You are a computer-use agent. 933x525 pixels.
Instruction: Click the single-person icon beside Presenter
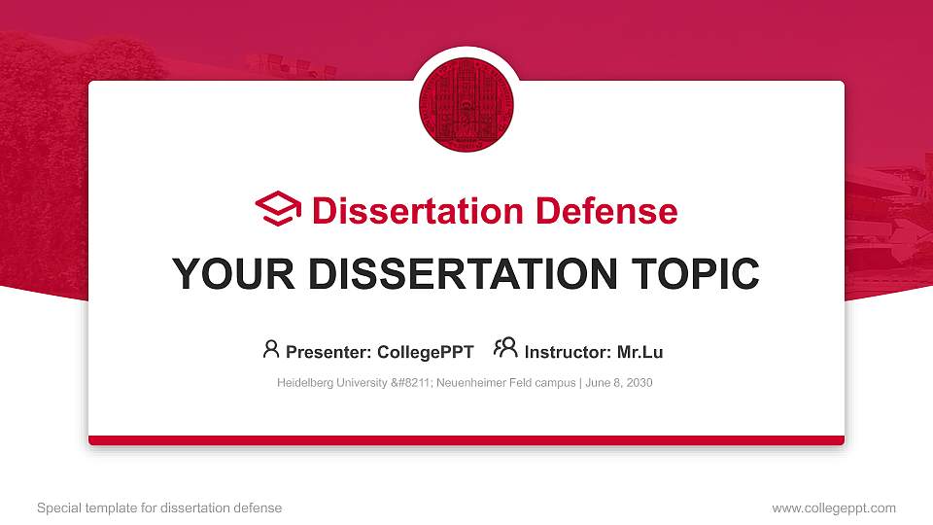tap(271, 348)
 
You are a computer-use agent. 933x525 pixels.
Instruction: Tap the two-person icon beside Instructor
tap(505, 348)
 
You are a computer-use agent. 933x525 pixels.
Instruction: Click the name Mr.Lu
tap(639, 352)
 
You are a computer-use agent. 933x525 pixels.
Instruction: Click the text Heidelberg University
tap(331, 383)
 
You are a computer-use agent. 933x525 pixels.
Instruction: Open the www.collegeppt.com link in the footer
tap(833, 507)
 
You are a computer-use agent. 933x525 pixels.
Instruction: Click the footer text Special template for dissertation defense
tap(158, 507)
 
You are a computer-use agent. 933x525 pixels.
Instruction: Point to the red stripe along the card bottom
tap(466, 440)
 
